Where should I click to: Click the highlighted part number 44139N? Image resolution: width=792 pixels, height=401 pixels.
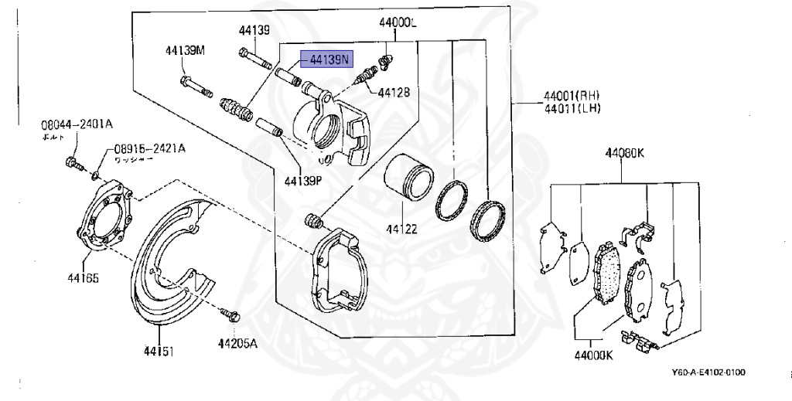(x=329, y=59)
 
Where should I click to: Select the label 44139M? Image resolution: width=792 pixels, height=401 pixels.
(x=184, y=51)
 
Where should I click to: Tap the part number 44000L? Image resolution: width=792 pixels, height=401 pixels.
(x=398, y=24)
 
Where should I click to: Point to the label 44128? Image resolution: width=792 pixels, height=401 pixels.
(x=394, y=92)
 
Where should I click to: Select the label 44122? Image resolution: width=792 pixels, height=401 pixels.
(x=402, y=229)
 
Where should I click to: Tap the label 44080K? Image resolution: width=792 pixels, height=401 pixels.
(x=624, y=153)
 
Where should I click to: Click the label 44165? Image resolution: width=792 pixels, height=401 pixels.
(x=83, y=277)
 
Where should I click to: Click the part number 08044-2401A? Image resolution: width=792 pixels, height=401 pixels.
(x=77, y=123)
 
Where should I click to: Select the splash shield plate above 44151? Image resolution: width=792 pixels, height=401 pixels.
(x=170, y=263)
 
